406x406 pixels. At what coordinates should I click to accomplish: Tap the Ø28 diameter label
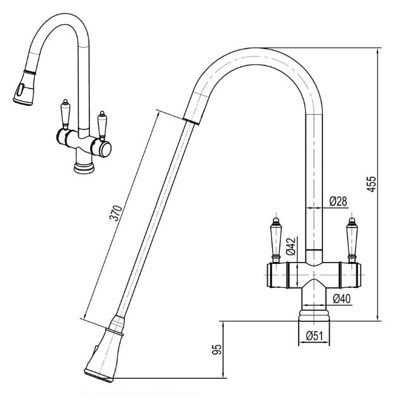click(338, 202)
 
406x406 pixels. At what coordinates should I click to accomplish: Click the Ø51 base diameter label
click(315, 336)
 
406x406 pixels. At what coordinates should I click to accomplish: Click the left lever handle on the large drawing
click(277, 238)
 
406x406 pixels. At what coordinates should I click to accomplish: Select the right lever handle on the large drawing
click(352, 238)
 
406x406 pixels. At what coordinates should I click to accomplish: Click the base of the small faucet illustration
click(83, 166)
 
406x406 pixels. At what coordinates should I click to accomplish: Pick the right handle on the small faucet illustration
click(101, 124)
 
